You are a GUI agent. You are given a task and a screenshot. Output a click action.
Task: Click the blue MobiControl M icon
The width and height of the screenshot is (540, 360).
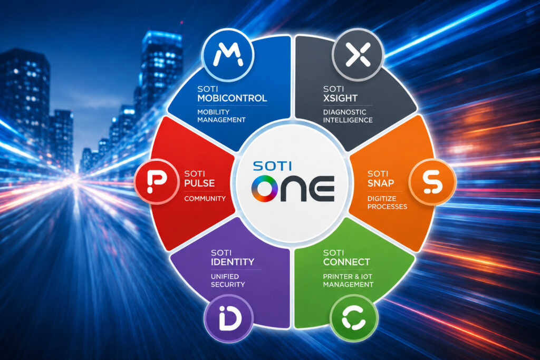(x=228, y=55)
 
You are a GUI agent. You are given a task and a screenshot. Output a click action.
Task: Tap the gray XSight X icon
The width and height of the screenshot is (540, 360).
(x=358, y=54)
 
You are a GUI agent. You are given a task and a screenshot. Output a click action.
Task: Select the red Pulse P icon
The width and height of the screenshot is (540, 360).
(x=157, y=181)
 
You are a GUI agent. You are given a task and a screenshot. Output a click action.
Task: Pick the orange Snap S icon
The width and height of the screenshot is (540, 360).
(x=432, y=182)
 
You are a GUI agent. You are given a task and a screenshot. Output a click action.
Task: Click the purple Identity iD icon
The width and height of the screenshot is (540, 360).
(x=229, y=318)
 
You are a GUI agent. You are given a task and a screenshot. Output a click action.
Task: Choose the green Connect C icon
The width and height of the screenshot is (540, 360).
(x=354, y=318)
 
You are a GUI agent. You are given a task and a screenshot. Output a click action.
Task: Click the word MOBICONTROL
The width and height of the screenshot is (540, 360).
(x=232, y=98)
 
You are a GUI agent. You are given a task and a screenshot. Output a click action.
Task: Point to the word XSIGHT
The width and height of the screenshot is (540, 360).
(x=340, y=98)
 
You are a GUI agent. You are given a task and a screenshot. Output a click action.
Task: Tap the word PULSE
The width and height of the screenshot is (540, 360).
(x=199, y=183)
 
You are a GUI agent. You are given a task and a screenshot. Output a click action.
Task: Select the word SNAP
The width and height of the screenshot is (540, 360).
(x=381, y=183)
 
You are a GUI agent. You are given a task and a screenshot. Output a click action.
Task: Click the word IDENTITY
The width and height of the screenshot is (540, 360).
(x=233, y=262)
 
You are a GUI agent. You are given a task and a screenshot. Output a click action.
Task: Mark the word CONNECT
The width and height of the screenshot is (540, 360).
(x=346, y=262)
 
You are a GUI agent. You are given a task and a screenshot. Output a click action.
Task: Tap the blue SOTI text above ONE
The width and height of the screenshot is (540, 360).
(x=272, y=166)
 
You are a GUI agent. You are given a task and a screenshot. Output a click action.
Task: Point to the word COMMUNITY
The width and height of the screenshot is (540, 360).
(x=205, y=199)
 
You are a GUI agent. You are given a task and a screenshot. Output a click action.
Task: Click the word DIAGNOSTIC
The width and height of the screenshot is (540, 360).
(x=345, y=112)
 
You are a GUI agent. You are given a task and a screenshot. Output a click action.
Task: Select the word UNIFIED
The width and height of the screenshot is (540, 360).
(x=225, y=276)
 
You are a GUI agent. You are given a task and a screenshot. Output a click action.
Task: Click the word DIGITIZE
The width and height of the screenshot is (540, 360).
(x=382, y=199)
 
